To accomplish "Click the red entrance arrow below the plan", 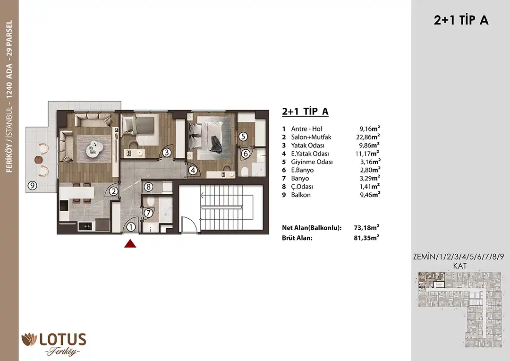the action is click(130, 243).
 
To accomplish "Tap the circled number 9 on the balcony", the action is click(32, 186).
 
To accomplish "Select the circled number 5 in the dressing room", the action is click(243, 137).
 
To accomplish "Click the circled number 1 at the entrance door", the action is click(131, 227).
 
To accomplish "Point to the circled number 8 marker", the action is click(148, 187).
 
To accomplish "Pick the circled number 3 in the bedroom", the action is click(167, 152).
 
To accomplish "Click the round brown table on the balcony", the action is click(39, 160).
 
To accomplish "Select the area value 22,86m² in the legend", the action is click(368, 137).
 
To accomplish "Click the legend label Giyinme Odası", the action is click(312, 162).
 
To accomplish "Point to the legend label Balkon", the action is click(301, 195).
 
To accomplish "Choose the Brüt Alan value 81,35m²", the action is click(366, 238).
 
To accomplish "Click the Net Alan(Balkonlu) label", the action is click(312, 228).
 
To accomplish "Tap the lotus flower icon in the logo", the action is click(29, 339).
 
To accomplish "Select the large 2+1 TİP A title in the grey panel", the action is click(461, 20).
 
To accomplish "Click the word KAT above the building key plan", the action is click(460, 266).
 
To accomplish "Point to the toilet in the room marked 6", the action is click(245, 171).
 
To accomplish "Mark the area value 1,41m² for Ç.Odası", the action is click(369, 187).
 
